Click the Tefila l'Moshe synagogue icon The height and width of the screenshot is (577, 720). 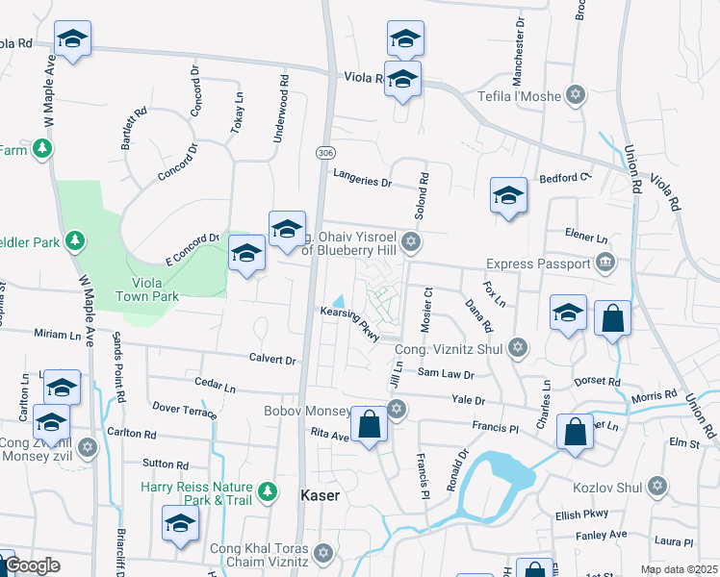point(576,95)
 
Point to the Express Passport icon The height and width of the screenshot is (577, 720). point(605,261)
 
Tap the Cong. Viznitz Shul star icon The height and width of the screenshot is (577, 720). point(518,346)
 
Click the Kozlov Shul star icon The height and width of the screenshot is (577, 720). point(657,487)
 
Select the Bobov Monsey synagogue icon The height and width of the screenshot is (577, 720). point(396,411)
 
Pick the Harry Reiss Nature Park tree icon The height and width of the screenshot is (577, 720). point(273,489)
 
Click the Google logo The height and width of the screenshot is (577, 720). point(32,565)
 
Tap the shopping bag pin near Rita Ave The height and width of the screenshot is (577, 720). point(369,423)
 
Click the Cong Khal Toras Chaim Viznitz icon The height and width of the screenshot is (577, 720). point(323,552)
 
